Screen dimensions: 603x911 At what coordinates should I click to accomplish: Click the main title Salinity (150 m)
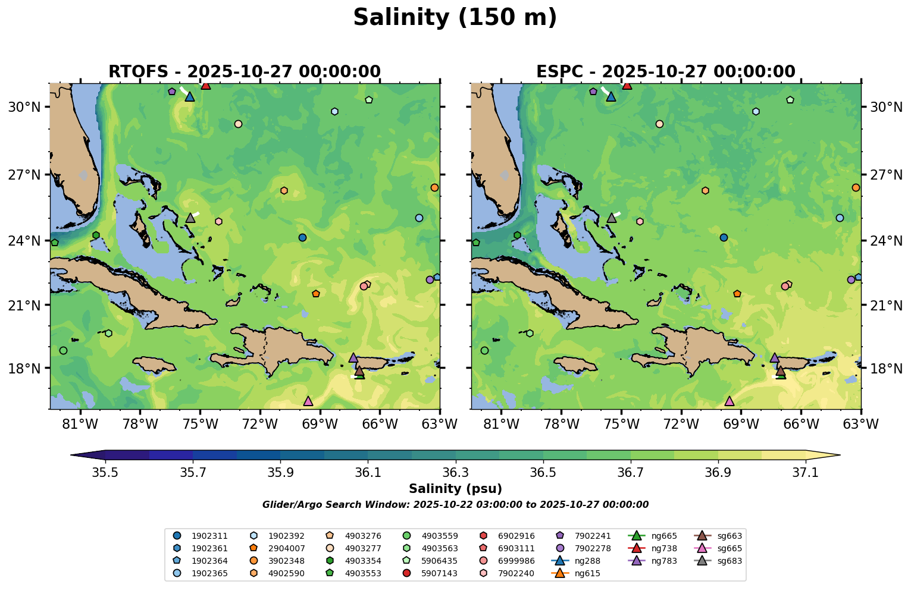[455, 18]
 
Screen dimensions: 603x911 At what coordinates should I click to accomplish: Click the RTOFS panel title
[244, 72]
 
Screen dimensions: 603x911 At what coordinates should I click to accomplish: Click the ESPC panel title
[665, 72]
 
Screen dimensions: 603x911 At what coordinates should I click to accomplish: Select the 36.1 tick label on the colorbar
[368, 472]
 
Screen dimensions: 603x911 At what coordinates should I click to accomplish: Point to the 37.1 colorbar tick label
[806, 472]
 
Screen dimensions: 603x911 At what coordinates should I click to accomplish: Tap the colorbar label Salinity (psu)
[455, 489]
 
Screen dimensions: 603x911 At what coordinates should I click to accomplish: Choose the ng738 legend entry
[663, 548]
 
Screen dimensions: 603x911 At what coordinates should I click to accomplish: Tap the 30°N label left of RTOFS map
[24, 107]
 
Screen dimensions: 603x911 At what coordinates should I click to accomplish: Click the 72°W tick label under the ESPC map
[681, 425]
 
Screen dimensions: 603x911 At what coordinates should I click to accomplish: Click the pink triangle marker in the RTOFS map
[308, 401]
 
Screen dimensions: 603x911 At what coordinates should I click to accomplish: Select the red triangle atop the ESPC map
[627, 85]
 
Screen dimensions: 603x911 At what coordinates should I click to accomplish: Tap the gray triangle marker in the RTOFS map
[190, 218]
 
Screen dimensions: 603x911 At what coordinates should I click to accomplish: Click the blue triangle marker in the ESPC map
[611, 96]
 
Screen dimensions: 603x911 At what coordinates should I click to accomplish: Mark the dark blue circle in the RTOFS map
[302, 237]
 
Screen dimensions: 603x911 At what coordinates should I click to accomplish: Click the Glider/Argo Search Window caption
[455, 505]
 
